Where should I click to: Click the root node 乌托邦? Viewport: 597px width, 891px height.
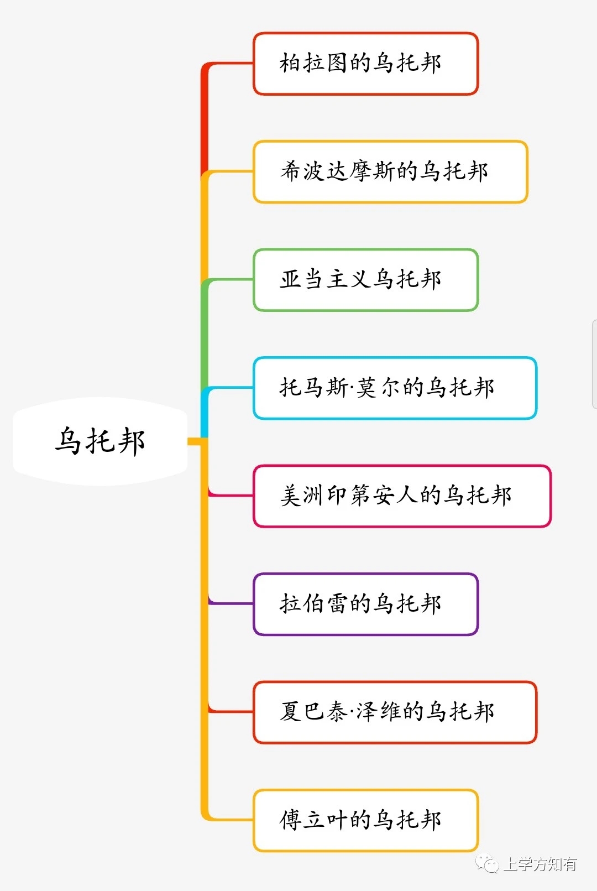pos(100,441)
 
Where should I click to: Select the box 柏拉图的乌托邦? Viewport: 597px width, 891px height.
pos(365,64)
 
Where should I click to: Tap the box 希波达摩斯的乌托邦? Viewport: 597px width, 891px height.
pos(390,171)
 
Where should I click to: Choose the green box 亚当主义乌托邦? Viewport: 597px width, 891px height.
pos(365,280)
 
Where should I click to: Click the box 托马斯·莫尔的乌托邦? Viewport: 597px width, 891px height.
pos(395,388)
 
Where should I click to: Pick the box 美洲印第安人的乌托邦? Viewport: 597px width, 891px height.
pos(402,496)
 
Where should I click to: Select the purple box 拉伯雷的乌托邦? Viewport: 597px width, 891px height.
pos(365,604)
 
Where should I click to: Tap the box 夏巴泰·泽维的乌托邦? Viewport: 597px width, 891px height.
pos(395,712)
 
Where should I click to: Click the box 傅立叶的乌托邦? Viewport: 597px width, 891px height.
pos(365,820)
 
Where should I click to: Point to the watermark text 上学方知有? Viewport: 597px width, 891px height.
pos(540,864)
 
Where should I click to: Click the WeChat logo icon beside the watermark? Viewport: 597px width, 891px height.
pos(488,863)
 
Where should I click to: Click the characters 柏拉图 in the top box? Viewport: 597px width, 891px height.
pos(314,63)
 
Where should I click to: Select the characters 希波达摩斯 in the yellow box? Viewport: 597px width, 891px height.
pos(338,171)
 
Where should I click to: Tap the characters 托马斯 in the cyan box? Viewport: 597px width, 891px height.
pos(313,387)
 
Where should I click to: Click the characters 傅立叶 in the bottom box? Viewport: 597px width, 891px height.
pos(314,820)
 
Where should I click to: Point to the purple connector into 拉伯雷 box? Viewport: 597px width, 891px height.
pos(232,603)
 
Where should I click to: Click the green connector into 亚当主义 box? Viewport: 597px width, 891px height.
pos(232,280)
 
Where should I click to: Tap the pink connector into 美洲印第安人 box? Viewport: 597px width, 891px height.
pos(232,495)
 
